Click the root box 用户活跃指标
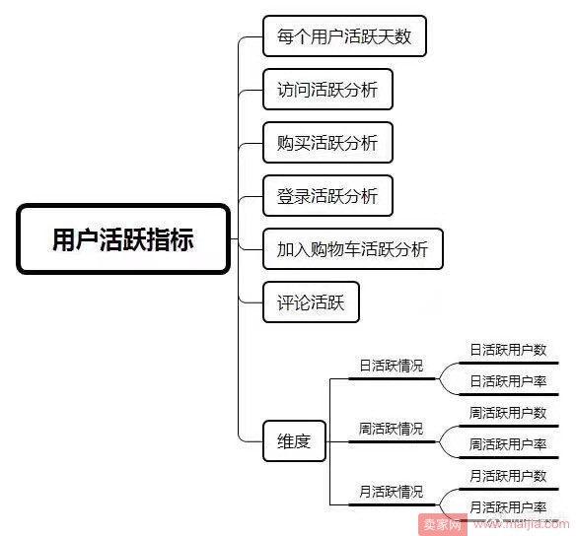(123, 238)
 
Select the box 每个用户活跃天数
(344, 35)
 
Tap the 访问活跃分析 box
(327, 89)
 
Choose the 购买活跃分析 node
(327, 142)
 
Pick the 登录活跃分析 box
(327, 195)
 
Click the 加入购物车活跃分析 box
(353, 249)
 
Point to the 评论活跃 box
(311, 302)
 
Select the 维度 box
(294, 441)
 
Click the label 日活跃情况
(392, 366)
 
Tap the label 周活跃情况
(392, 429)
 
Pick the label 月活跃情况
(392, 492)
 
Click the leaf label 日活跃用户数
(508, 350)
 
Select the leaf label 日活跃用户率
(508, 381)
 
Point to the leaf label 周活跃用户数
(508, 413)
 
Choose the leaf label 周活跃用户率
(508, 444)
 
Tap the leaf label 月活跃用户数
(508, 476)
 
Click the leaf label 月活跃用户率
(508, 507)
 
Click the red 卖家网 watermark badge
(443, 524)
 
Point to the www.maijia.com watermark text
(522, 524)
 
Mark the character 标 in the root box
(181, 239)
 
